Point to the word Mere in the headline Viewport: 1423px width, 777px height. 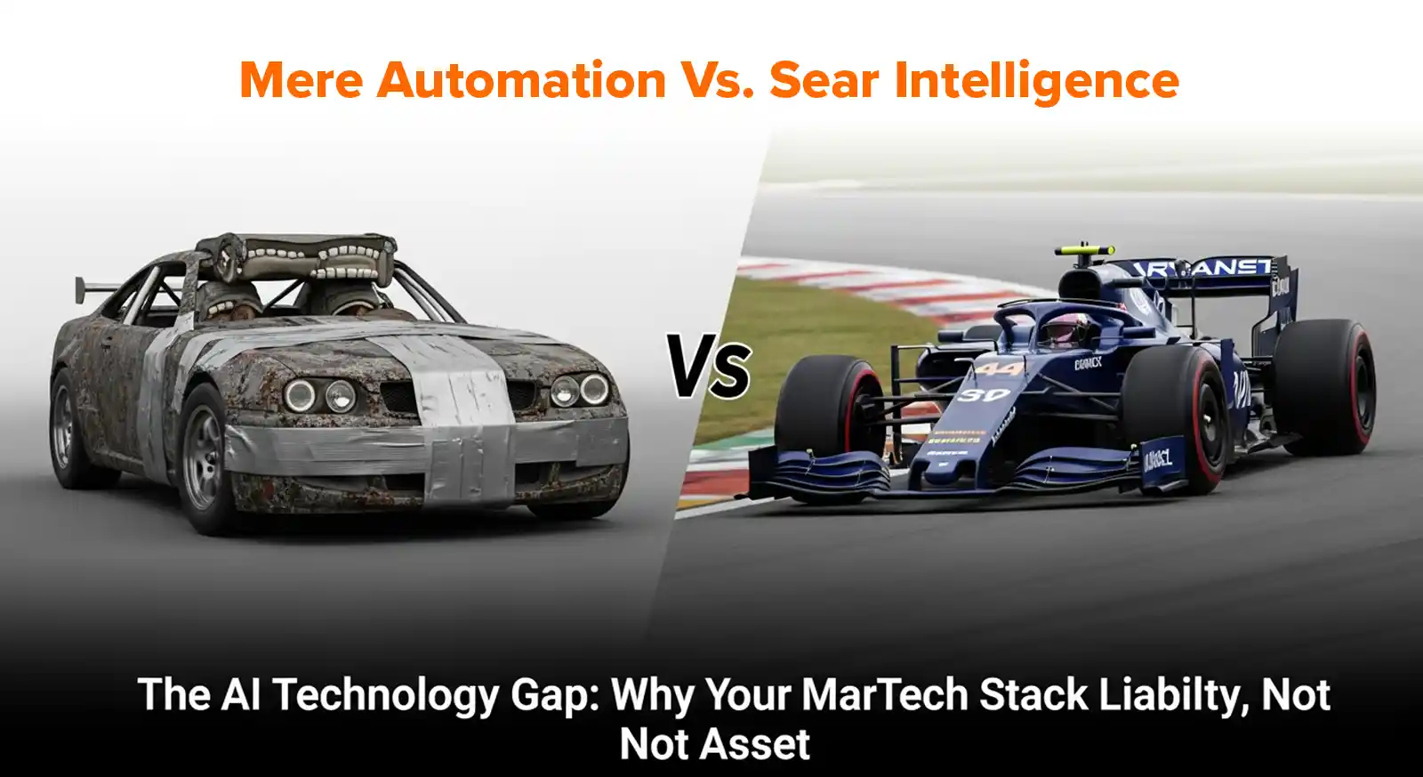pos(301,80)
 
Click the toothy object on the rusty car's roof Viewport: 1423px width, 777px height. pos(296,258)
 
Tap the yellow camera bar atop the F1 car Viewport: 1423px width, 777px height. pos(1084,249)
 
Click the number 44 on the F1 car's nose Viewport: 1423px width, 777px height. pos(999,368)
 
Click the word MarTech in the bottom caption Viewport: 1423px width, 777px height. pos(884,695)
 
